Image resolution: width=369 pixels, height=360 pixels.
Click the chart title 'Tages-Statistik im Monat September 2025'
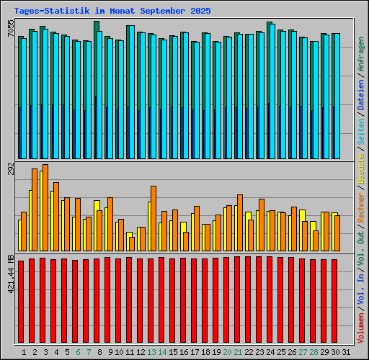(x=112, y=12)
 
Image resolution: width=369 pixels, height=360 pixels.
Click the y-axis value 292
(x=10, y=169)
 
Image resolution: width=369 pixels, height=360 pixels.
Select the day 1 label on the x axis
(x=24, y=351)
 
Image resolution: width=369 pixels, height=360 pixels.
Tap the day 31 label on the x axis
(x=347, y=351)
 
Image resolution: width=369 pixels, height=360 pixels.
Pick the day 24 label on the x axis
(x=271, y=351)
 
